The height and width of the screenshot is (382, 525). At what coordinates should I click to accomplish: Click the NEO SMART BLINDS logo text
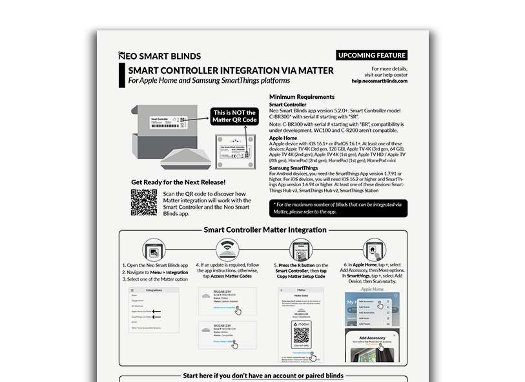160,56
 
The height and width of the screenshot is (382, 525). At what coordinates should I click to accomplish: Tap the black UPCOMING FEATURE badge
372,56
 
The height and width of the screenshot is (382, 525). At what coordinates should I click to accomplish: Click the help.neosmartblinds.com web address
380,81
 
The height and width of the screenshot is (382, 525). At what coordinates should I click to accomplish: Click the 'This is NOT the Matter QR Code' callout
234,116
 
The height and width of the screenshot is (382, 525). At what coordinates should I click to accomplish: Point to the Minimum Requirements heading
302,97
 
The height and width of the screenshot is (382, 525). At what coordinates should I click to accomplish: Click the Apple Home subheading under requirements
283,138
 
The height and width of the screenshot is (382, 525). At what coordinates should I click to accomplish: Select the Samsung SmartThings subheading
298,168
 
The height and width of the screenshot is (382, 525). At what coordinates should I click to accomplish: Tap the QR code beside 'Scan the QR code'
143,202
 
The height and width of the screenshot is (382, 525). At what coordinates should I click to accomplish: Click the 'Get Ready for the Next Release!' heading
178,182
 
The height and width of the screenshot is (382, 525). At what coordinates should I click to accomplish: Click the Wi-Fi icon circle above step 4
225,249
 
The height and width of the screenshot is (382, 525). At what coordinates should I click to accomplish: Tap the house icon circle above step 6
375,249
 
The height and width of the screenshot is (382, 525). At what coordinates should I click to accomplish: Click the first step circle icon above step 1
153,249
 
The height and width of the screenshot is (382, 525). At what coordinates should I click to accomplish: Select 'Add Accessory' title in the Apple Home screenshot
372,337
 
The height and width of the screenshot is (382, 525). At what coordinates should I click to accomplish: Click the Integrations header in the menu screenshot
154,290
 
